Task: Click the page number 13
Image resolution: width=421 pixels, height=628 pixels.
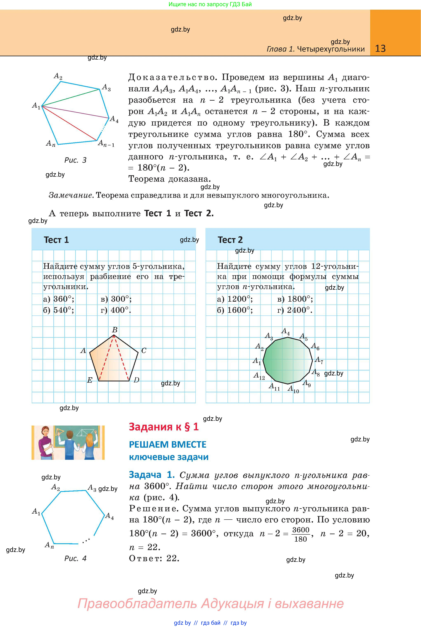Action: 380,49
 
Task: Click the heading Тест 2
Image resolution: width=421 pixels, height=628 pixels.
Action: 230,240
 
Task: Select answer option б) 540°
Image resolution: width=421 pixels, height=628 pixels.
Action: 59,310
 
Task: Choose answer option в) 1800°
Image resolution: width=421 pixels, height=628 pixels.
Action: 295,299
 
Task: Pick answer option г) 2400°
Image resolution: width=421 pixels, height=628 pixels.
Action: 295,310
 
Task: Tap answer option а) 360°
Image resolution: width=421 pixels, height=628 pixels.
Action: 59,299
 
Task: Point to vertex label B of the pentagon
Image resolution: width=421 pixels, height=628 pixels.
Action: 114,330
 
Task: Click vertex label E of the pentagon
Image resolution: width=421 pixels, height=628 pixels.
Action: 90,380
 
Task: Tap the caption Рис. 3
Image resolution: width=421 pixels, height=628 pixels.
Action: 75,160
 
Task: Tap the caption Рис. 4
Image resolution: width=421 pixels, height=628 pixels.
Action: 75,559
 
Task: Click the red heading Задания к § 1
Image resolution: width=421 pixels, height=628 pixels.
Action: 164,427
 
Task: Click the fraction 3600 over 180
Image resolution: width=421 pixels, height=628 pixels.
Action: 301,535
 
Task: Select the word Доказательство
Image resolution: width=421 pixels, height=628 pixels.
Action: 172,77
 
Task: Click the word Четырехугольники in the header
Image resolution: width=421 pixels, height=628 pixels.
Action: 331,49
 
